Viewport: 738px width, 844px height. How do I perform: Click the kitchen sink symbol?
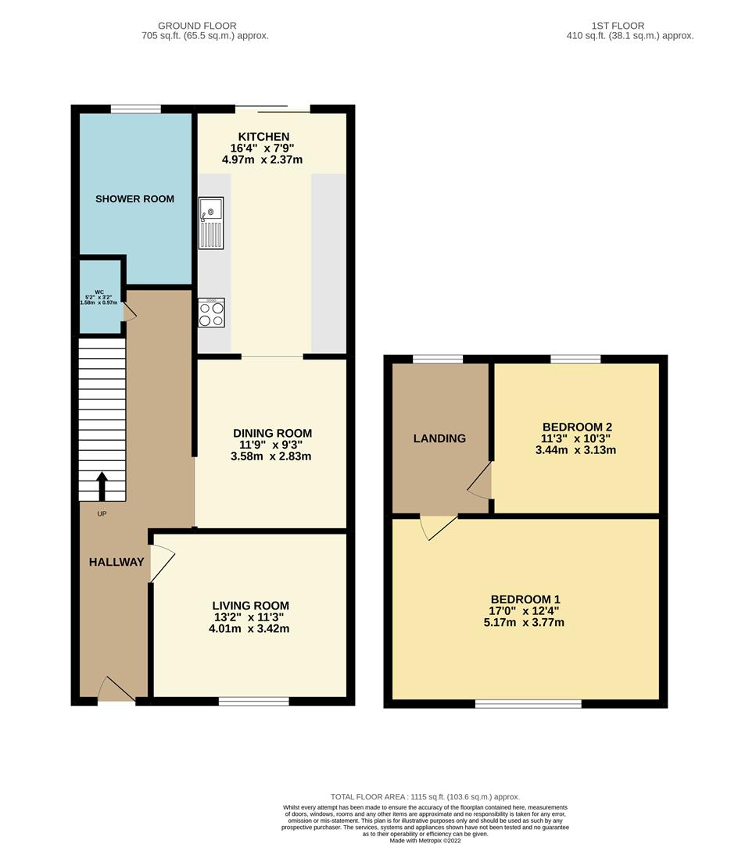coord(211,222)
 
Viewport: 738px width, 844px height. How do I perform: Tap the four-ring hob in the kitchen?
coord(211,313)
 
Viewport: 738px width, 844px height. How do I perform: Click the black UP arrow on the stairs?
coord(102,485)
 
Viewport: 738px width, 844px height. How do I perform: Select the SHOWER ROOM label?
coord(134,199)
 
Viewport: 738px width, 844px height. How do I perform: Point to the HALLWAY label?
coord(116,562)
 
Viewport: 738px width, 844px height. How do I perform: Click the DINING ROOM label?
coord(272,433)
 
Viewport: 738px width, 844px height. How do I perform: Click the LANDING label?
coord(439,438)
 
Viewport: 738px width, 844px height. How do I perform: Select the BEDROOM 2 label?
coord(577,427)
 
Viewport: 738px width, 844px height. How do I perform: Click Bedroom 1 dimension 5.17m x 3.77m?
coord(524,623)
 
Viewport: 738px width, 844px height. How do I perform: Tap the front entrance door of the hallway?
coord(116,689)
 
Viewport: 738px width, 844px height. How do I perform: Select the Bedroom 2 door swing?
coord(480,480)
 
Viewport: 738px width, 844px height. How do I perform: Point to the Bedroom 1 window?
coord(528,703)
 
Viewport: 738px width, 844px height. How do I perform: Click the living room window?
coord(254,701)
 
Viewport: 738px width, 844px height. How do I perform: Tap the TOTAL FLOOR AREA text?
coord(425,796)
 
